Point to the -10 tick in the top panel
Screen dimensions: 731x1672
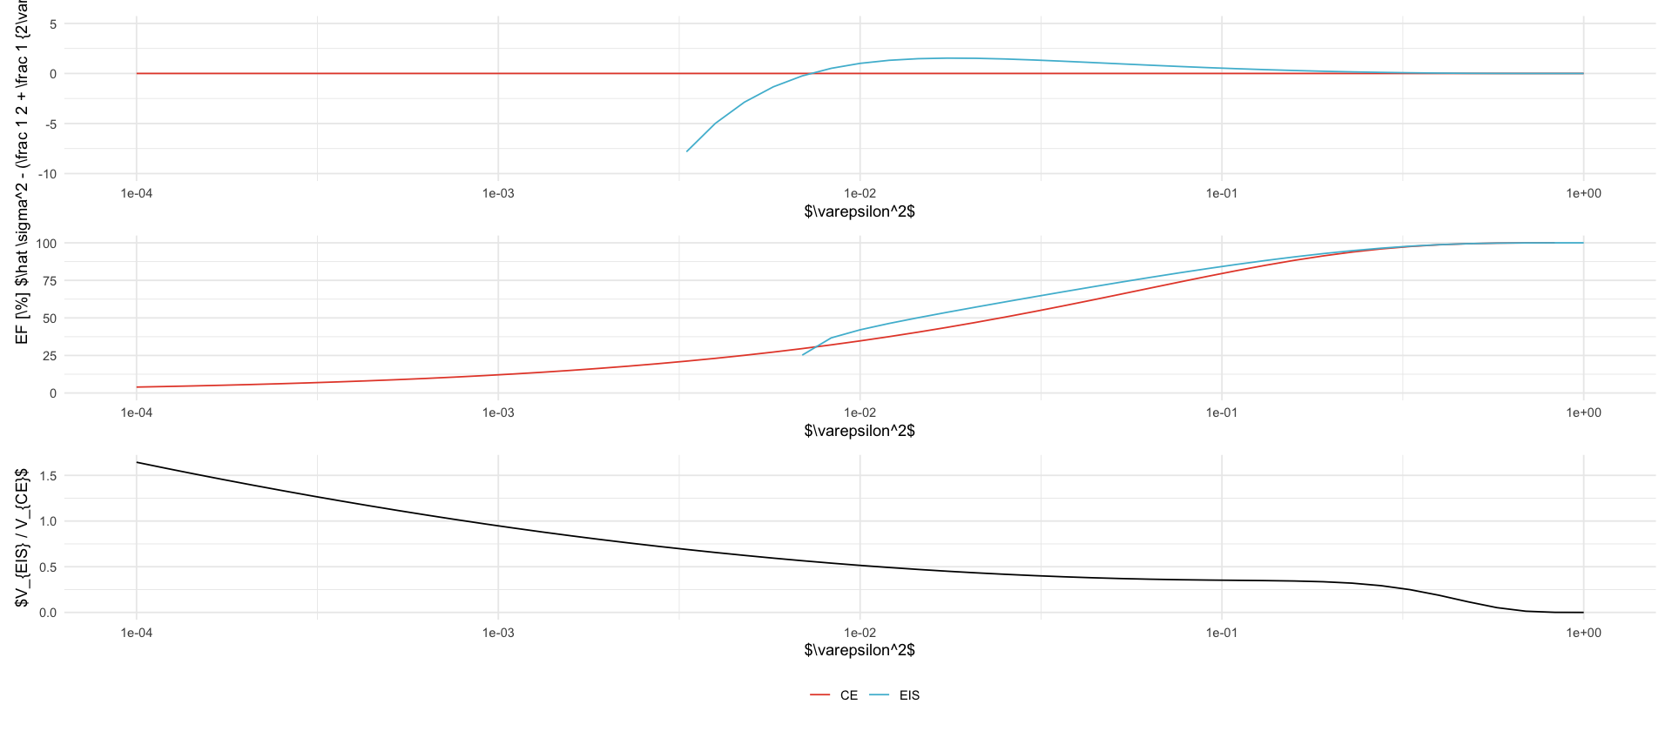[47, 174]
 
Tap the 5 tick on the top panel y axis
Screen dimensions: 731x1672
[53, 24]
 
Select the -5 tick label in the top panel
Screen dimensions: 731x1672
[51, 124]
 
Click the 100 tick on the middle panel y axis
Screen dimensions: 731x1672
[46, 244]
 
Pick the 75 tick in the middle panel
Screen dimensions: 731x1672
[49, 281]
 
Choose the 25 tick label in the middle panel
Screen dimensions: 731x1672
[49, 356]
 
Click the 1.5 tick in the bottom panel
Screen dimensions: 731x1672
[48, 476]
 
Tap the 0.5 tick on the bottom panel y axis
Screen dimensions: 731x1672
[48, 567]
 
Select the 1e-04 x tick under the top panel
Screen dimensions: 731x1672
[136, 193]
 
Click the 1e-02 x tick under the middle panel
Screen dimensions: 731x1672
[860, 412]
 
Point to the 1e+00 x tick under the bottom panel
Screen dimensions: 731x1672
[1583, 633]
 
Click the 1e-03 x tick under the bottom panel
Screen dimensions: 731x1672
[498, 633]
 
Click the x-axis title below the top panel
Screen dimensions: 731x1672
[860, 211]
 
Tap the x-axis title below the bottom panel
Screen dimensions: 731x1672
[860, 650]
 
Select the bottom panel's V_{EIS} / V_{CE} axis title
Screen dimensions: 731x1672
[23, 537]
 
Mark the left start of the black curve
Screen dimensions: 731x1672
[137, 462]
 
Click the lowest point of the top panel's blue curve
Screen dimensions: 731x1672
[687, 151]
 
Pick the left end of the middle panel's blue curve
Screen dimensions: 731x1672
[803, 354]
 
